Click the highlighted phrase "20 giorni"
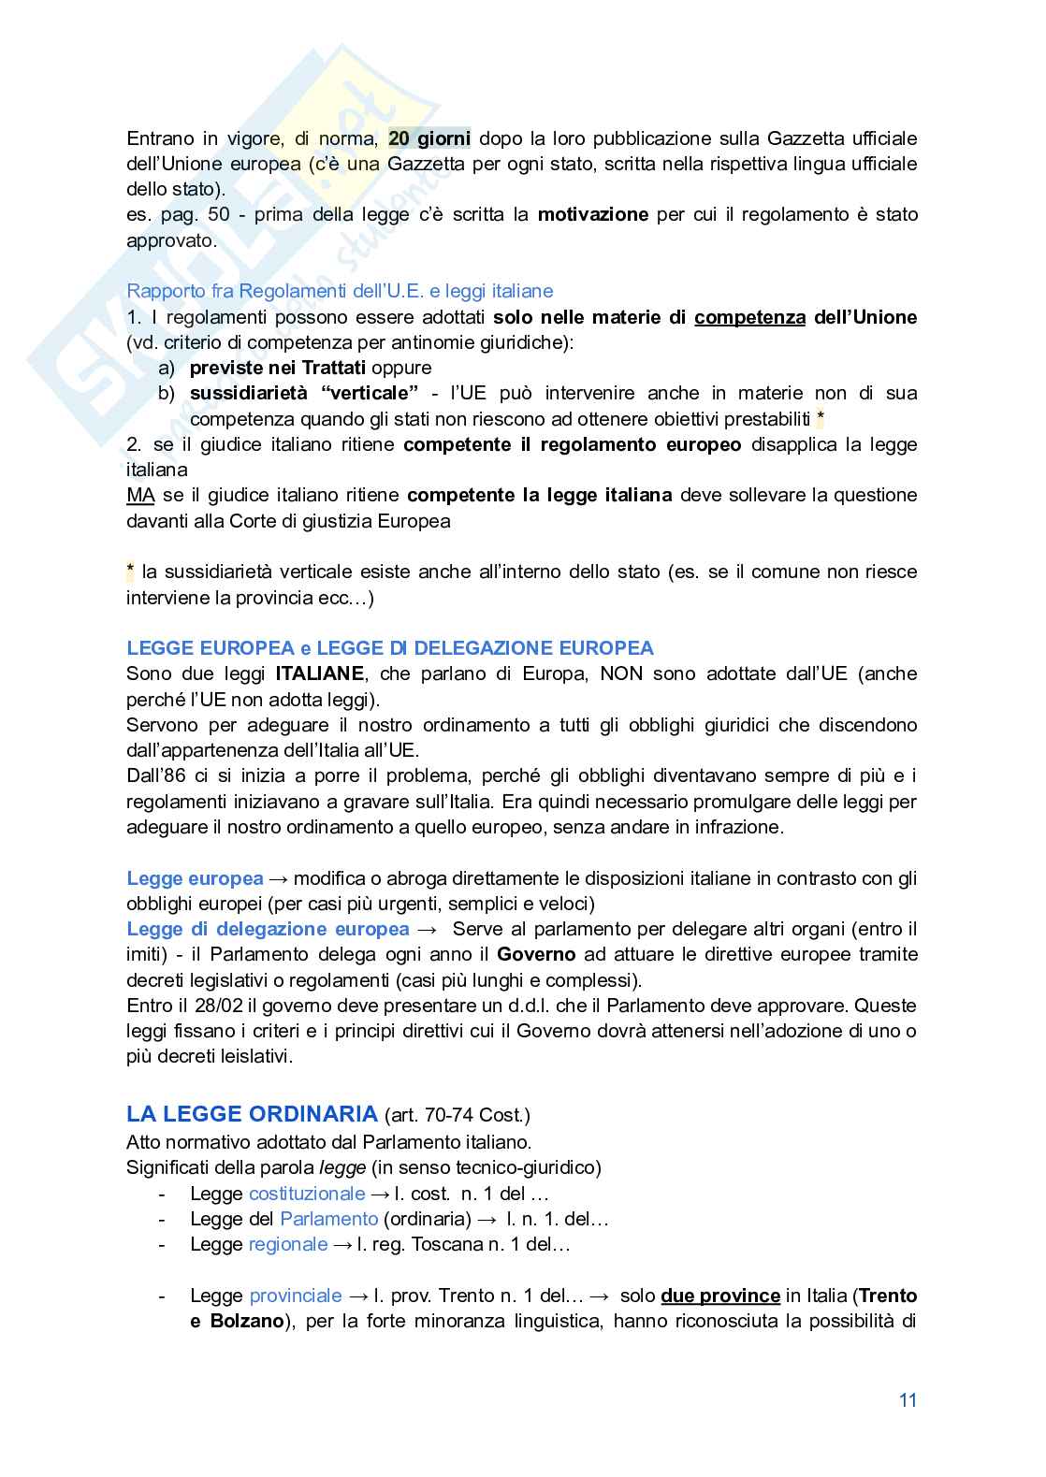coord(429,138)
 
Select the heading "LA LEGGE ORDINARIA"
coord(252,1114)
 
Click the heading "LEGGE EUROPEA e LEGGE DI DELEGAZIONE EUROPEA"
coord(390,648)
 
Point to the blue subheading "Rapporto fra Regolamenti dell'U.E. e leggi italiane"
coord(340,291)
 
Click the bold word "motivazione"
coord(592,214)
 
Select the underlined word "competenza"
coord(749,317)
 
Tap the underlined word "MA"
coord(140,495)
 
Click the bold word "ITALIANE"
coord(319,673)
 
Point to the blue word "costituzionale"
coord(307,1194)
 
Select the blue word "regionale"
coord(288,1244)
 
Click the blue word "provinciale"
coord(296,1296)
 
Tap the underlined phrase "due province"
coord(720,1296)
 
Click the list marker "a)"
coord(167,368)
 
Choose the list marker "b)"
coord(167,393)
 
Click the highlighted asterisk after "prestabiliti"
coord(821,418)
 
